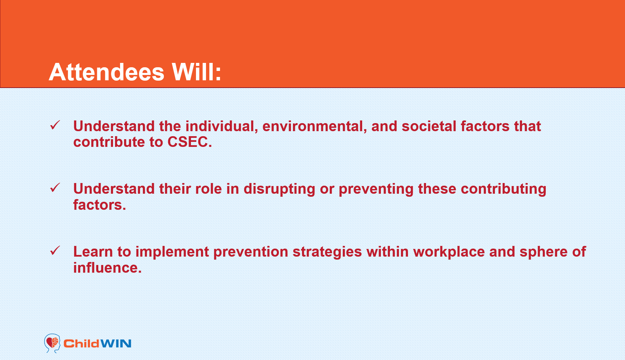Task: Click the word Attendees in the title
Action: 107,72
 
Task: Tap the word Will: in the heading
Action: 196,72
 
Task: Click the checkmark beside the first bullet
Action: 55,125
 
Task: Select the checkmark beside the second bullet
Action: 55,188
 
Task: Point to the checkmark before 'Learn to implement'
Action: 55,251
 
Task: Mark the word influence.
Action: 107,268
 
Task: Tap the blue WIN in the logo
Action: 116,344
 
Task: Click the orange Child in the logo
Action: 81,344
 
